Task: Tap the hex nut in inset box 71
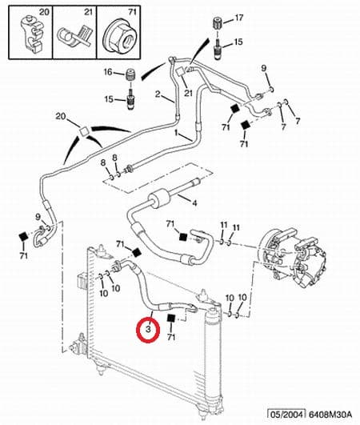click(119, 34)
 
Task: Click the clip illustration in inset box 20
click(31, 34)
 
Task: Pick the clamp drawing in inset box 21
click(75, 35)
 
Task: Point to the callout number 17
click(238, 18)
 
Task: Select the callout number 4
click(194, 202)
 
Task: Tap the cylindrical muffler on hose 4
click(158, 198)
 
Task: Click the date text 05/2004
click(286, 414)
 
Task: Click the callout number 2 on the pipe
click(158, 94)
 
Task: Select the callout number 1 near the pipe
click(176, 133)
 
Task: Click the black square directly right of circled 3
click(171, 319)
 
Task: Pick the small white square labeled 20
click(84, 131)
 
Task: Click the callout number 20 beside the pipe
click(61, 117)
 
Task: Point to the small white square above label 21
click(180, 71)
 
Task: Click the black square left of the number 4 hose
click(183, 237)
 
